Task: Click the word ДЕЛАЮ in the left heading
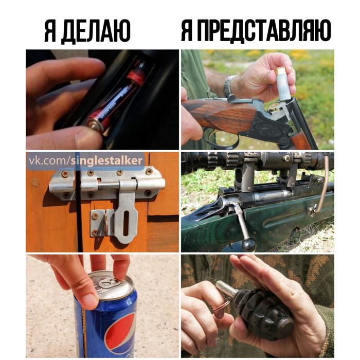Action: pos(96,31)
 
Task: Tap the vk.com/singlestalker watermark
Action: pos(85,161)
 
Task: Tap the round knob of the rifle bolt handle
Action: pos(248,245)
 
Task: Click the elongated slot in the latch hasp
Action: pos(126,223)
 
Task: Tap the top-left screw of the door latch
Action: pos(65,174)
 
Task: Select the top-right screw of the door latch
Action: pos(149,171)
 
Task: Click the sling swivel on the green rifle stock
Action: pos(313,210)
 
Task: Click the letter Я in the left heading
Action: pos(50,31)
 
